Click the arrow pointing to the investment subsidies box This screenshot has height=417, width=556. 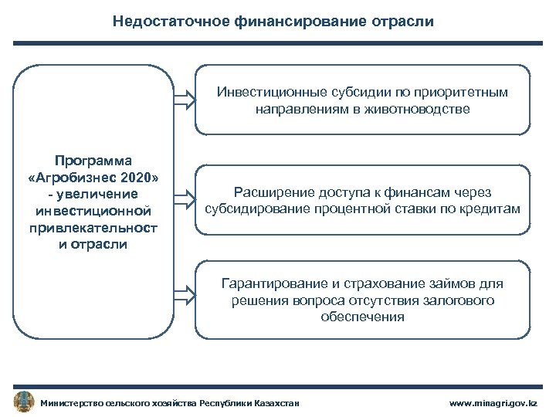point(184,99)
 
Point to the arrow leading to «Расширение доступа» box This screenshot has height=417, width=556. point(184,198)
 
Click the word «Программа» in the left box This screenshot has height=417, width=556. point(93,160)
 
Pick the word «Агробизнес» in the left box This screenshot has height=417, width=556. point(81,178)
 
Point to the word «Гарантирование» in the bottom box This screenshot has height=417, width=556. point(269,283)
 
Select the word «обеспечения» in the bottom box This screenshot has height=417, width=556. point(363,317)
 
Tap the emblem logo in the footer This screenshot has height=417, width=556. point(24,402)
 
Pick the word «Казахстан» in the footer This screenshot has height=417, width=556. point(276,403)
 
